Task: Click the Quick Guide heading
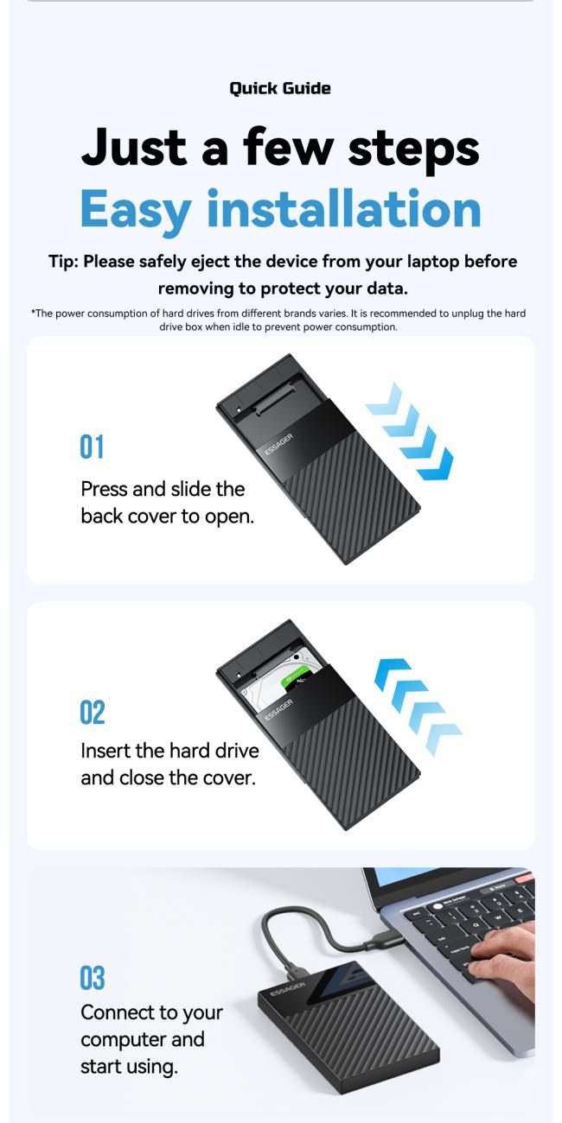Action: pos(280,88)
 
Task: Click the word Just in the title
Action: pos(134,147)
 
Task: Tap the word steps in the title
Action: pos(413,149)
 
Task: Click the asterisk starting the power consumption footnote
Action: pos(33,314)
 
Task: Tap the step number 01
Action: pos(92,447)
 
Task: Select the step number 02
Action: pos(93,714)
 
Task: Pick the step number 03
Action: pos(93,979)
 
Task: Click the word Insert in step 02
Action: pos(105,750)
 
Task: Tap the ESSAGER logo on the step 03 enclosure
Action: pos(288,987)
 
